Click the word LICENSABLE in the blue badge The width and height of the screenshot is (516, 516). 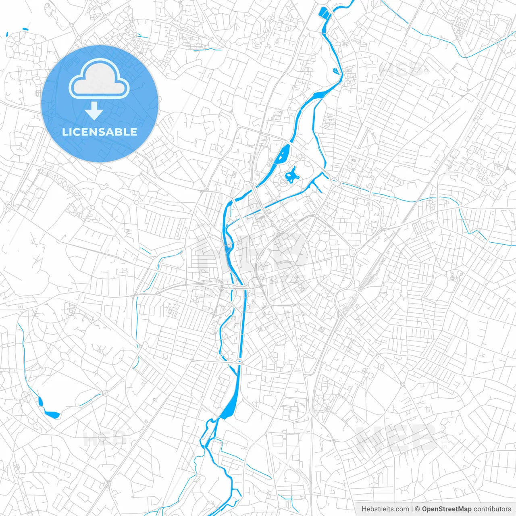(x=100, y=132)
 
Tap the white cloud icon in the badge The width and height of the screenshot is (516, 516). (x=99, y=79)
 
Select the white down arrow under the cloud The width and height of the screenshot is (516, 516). (x=94, y=111)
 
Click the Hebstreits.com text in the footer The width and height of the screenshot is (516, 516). (x=385, y=509)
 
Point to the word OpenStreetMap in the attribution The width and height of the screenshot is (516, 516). (x=446, y=509)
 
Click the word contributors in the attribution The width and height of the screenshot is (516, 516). (x=492, y=509)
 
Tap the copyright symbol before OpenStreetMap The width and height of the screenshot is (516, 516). (x=418, y=509)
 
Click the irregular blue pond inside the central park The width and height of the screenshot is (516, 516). (x=291, y=175)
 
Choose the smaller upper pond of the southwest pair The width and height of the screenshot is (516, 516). (x=40, y=401)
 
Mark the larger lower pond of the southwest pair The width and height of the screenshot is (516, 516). (x=52, y=414)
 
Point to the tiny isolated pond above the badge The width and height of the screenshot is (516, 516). (x=25, y=29)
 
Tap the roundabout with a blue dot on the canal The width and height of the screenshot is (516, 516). (x=239, y=362)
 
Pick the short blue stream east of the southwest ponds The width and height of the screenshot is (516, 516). (x=90, y=399)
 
